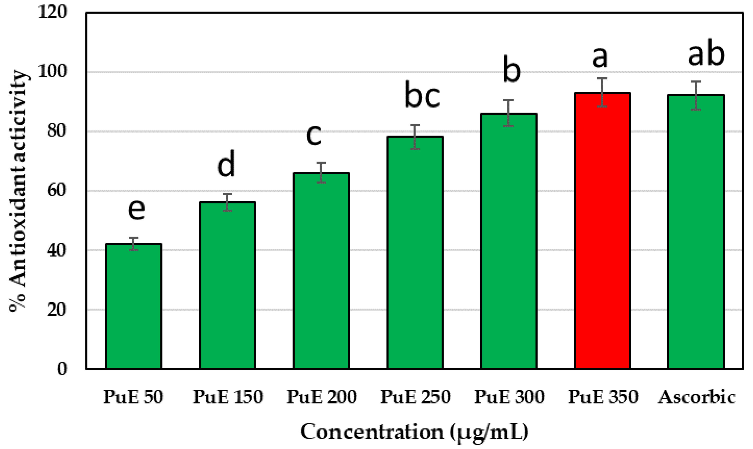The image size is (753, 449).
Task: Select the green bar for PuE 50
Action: [133, 306]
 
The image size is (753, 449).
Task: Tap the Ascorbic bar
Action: [696, 232]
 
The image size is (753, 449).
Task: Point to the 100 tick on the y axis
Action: [52, 72]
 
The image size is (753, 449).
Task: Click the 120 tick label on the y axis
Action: [52, 13]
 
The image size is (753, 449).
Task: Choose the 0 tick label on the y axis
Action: [62, 369]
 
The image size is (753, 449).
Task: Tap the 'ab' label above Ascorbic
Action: [706, 54]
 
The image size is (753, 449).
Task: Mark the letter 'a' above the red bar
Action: [600, 58]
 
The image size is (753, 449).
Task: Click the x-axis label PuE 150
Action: [228, 397]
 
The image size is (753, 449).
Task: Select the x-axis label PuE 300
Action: [509, 397]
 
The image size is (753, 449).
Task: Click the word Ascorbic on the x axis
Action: [697, 397]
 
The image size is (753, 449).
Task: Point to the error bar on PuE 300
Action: [508, 113]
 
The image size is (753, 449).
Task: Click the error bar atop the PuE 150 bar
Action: [227, 202]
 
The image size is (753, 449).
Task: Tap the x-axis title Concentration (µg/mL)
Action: [414, 432]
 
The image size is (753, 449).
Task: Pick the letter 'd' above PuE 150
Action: [226, 164]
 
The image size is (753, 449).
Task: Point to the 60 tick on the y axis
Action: [57, 191]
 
